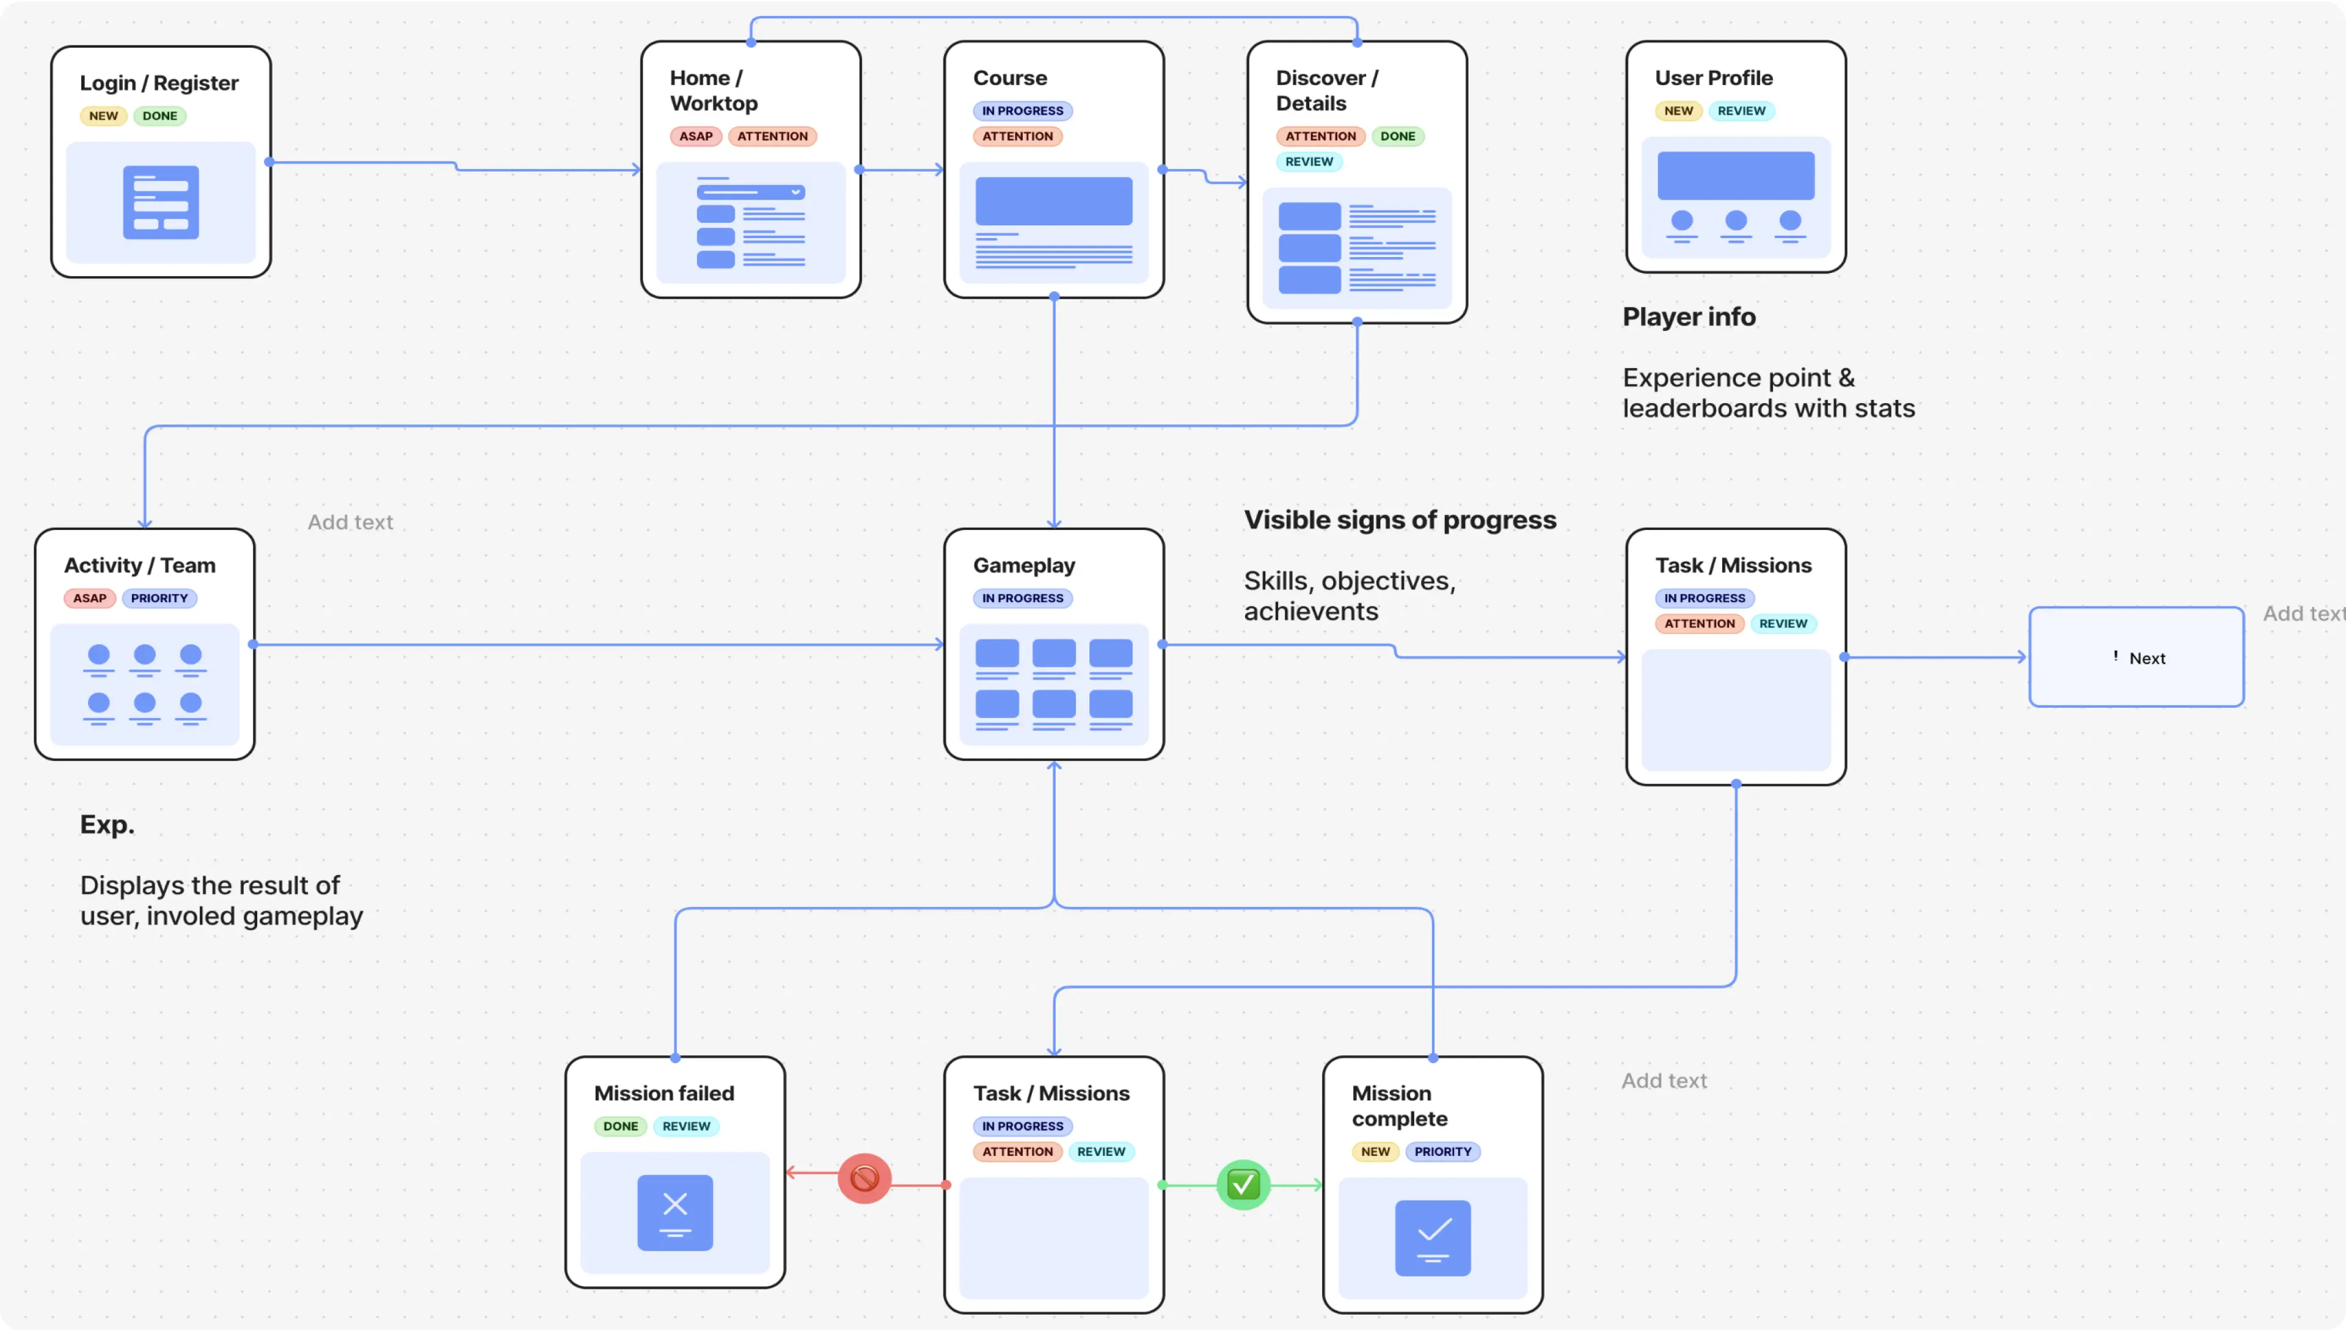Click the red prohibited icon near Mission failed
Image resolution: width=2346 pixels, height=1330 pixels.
pyautogui.click(x=864, y=1179)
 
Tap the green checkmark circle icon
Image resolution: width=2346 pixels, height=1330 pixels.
pyautogui.click(x=1243, y=1185)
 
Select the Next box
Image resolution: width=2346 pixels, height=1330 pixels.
pyautogui.click(x=2136, y=658)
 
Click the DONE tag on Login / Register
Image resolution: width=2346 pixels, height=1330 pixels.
pyautogui.click(x=160, y=116)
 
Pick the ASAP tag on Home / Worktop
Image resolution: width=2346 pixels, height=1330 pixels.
pyautogui.click(x=695, y=136)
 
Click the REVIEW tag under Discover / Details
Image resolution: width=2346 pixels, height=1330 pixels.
pyautogui.click(x=1309, y=162)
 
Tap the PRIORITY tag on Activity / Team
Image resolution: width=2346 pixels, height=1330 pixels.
pyautogui.click(x=159, y=598)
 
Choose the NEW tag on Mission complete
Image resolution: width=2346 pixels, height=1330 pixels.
pyautogui.click(x=1375, y=1152)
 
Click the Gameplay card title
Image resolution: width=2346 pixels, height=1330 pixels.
pyautogui.click(x=1023, y=565)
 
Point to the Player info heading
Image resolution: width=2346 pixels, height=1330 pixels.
pyautogui.click(x=1689, y=317)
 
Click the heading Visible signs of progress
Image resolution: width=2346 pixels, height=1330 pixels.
pyautogui.click(x=1399, y=520)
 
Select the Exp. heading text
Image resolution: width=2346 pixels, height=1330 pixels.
pyautogui.click(x=107, y=825)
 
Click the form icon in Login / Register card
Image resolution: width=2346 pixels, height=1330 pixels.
pyautogui.click(x=161, y=202)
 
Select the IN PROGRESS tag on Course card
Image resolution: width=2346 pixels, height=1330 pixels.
pyautogui.click(x=1023, y=111)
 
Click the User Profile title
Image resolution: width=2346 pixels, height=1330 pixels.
pyautogui.click(x=1714, y=78)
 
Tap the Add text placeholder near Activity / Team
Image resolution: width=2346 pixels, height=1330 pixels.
pyautogui.click(x=350, y=523)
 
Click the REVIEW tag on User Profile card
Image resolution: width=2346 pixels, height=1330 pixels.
pyautogui.click(x=1741, y=111)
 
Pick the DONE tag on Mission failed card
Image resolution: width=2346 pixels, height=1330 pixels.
pyautogui.click(x=621, y=1126)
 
